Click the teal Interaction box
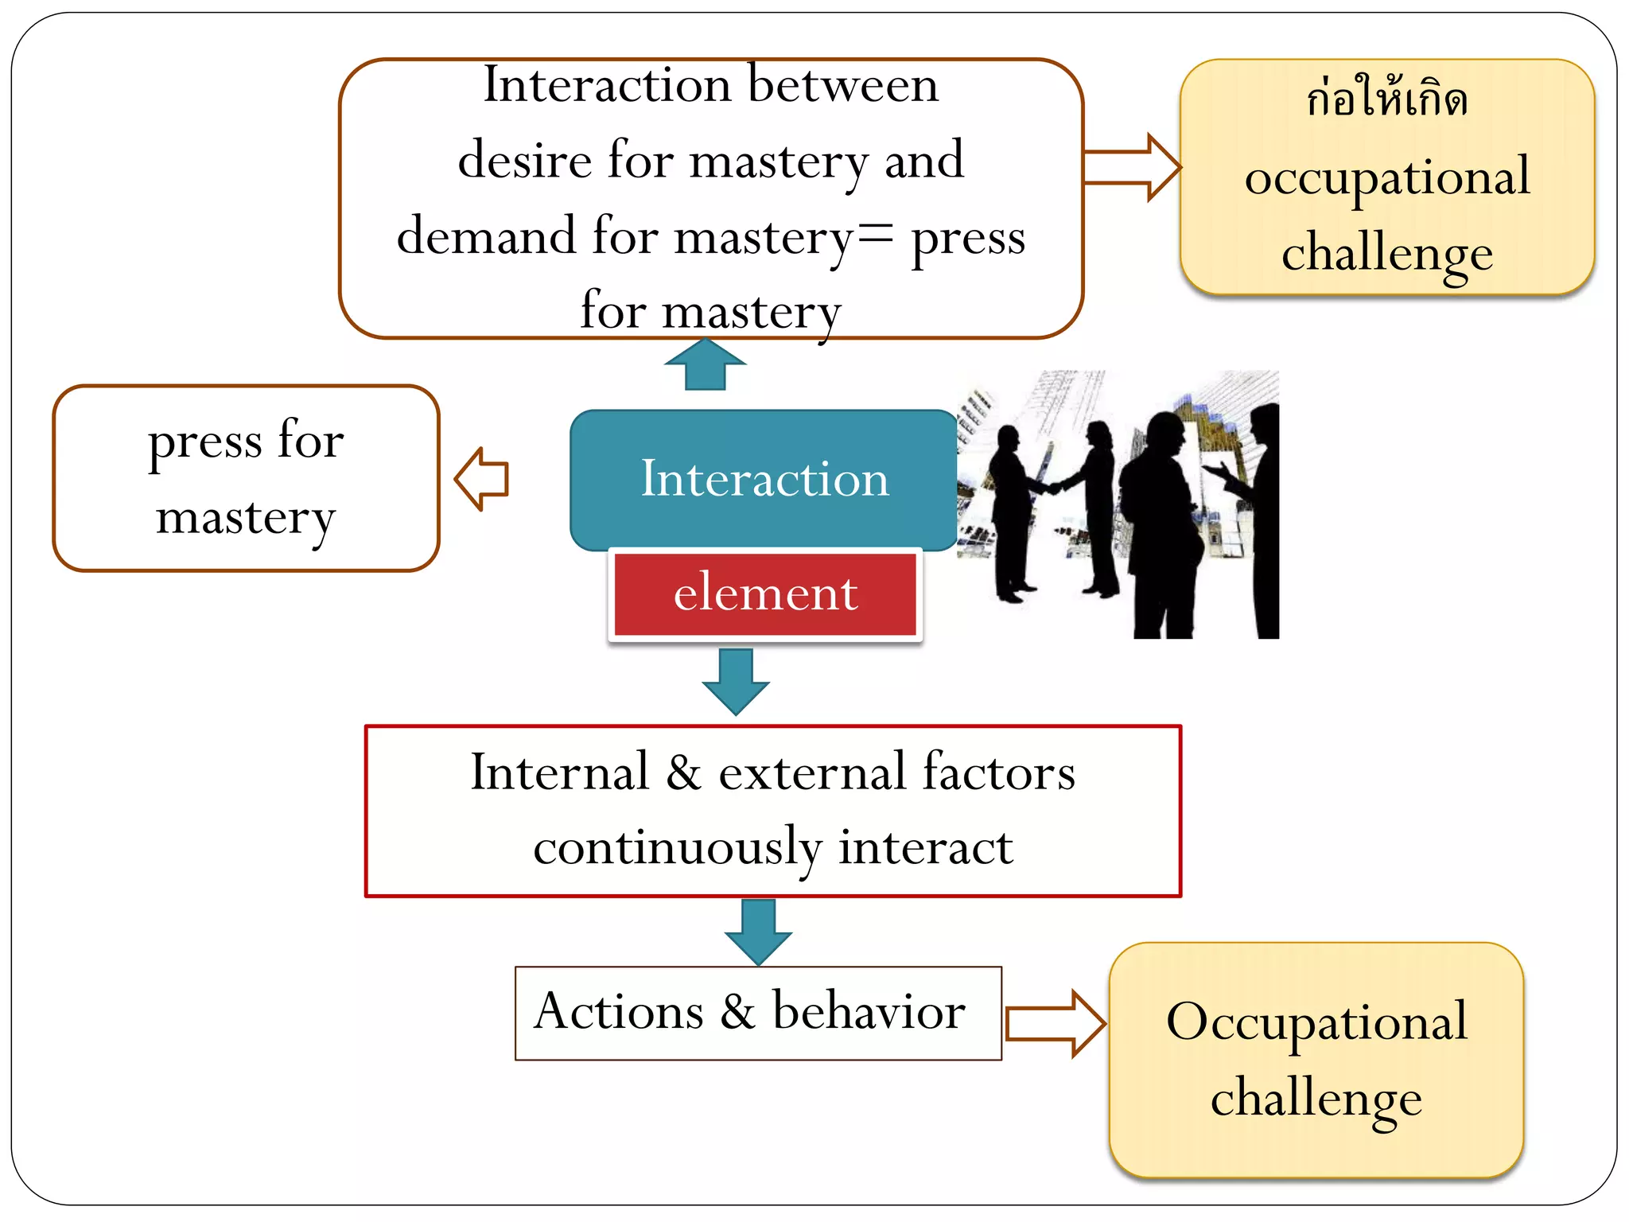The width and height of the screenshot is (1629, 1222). click(764, 480)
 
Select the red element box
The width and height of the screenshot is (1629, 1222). click(765, 593)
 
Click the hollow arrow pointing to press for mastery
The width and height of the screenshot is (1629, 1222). click(482, 479)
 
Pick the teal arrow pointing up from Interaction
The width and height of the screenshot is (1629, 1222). click(705, 365)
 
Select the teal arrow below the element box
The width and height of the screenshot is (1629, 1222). click(736, 682)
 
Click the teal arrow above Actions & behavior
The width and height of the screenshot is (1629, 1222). click(758, 932)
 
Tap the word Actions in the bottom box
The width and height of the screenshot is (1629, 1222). click(619, 1012)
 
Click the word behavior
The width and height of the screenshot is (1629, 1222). click(869, 1012)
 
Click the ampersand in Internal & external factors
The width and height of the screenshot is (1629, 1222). click(683, 773)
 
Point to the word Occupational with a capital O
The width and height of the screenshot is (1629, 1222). click(1316, 1022)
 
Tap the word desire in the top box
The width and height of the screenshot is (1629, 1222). click(524, 160)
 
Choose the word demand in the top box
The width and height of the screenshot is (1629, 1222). click(486, 236)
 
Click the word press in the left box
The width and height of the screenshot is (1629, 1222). click(205, 442)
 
